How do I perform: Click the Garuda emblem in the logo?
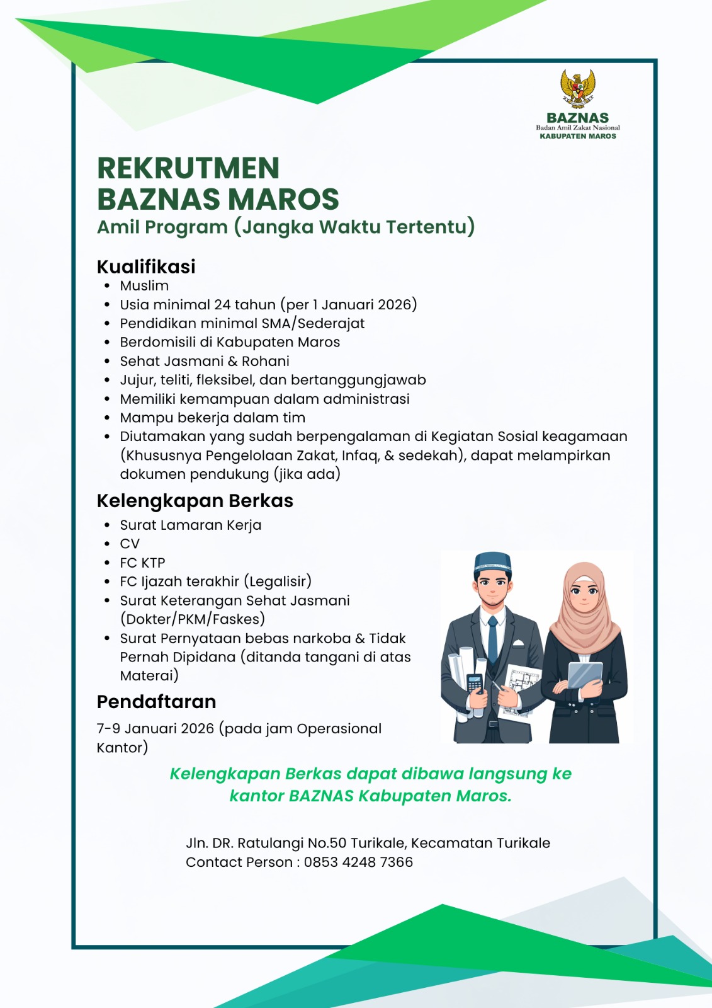coord(578,89)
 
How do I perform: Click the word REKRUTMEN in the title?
coord(188,169)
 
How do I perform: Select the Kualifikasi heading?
coord(146,266)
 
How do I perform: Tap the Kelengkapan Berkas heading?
coord(195,501)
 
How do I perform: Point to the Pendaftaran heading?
coord(156,702)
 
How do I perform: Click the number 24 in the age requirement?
coord(222,305)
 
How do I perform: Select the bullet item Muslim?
coord(144,286)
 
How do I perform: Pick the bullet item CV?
coord(130,544)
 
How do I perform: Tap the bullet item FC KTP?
coord(142,563)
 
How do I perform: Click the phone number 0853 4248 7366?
coord(358,862)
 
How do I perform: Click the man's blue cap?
coord(492,561)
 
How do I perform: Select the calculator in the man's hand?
coord(475,683)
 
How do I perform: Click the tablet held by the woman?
coord(585,674)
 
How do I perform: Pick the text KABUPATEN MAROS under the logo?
coord(578,136)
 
